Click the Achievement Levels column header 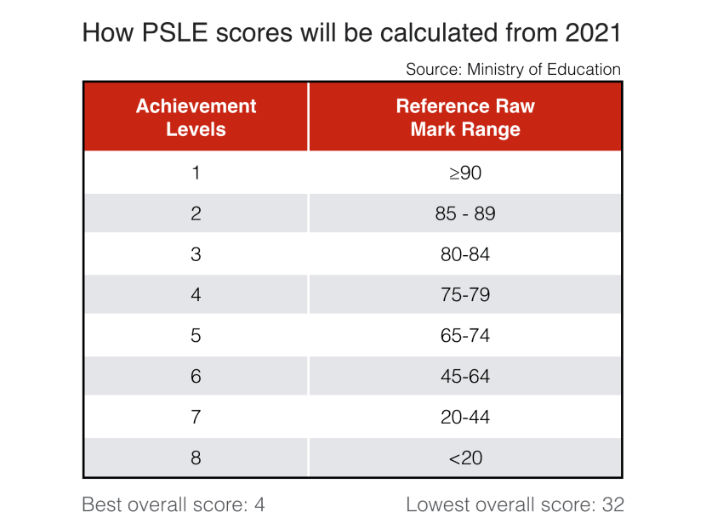196,117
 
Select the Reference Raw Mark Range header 464,117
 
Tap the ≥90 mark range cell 464,173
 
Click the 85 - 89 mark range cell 464,213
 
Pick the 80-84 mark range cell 464,254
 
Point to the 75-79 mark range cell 464,295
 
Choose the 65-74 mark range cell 464,336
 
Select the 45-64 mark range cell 464,377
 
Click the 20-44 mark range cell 464,418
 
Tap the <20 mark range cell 464,458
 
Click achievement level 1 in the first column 196,173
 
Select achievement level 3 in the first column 196,254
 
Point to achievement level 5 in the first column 196,336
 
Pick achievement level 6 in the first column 196,377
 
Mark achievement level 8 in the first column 196,458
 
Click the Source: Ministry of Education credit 513,70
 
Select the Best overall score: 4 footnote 174,504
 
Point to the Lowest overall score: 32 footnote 515,504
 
